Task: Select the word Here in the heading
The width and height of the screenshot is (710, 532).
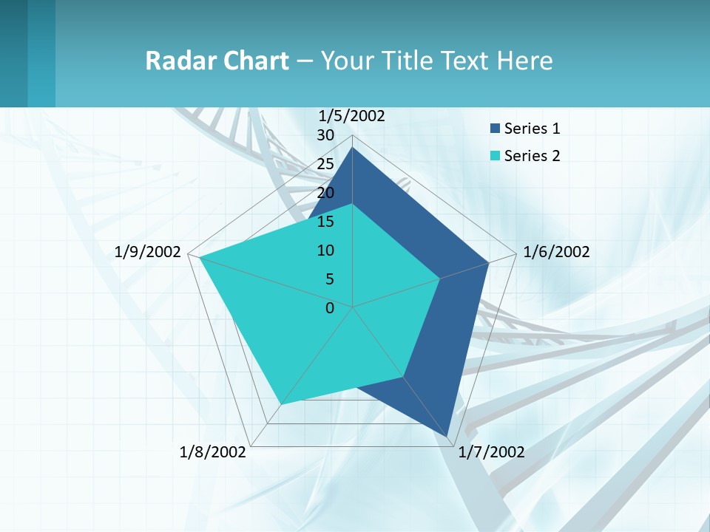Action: [524, 61]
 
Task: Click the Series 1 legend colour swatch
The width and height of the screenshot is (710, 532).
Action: [495, 129]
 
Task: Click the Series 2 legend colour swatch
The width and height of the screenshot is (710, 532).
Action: [495, 156]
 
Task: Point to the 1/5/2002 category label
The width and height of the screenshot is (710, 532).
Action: [352, 115]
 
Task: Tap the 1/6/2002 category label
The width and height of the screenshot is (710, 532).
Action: [556, 252]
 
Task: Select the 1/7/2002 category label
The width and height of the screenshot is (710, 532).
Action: [491, 452]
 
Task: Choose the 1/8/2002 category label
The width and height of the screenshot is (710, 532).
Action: [213, 452]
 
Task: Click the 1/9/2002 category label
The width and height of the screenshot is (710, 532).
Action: [148, 252]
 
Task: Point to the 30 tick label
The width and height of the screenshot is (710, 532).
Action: [325, 135]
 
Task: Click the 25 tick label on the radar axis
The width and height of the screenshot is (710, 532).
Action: [325, 164]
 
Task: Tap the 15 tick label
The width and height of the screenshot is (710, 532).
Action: [325, 222]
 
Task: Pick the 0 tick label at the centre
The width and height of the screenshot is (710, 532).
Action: [330, 308]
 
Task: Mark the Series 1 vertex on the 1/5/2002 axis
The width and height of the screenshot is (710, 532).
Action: [352, 148]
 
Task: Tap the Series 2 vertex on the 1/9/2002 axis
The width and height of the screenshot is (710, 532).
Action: [200, 257]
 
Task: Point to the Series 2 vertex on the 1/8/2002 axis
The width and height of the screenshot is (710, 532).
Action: [281, 404]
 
